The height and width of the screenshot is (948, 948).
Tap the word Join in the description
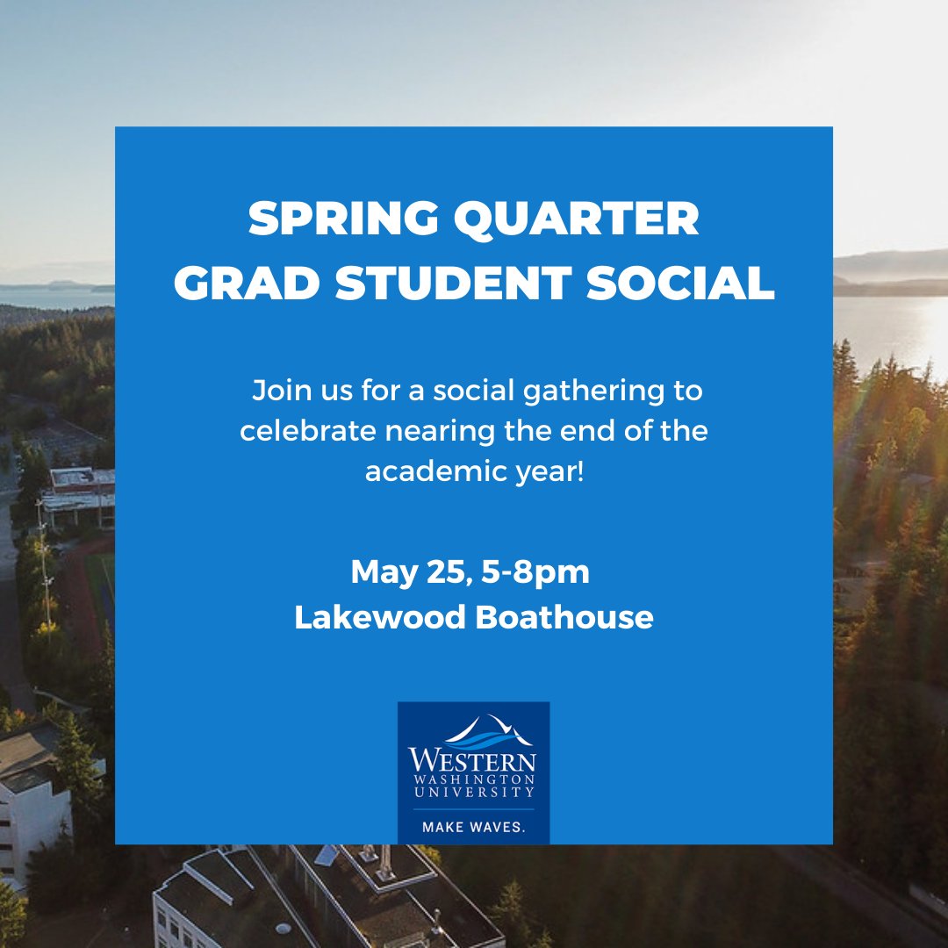pos(276,391)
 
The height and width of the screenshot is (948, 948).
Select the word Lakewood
pos(380,617)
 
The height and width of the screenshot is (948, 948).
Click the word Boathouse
pos(564,617)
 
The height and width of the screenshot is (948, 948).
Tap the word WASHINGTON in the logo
pos(473,779)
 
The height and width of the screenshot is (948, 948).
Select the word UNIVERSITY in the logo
pos(473,793)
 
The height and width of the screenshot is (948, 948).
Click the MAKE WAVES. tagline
pos(473,827)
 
